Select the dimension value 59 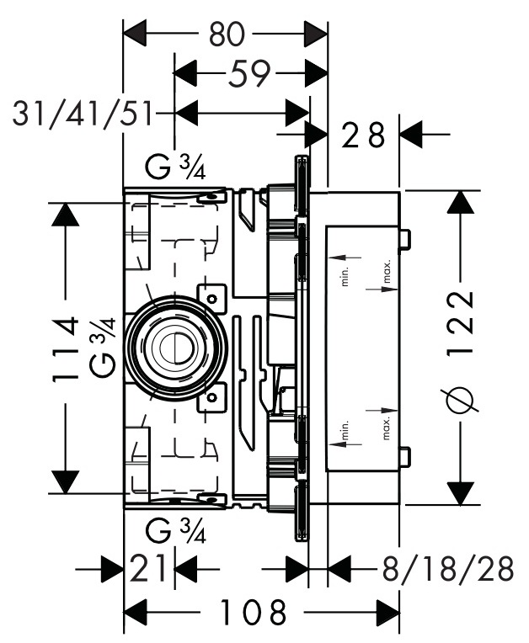(249, 75)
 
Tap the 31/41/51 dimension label (83, 112)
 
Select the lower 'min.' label (345, 430)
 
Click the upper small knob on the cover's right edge (405, 239)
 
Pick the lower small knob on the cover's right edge (405, 456)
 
